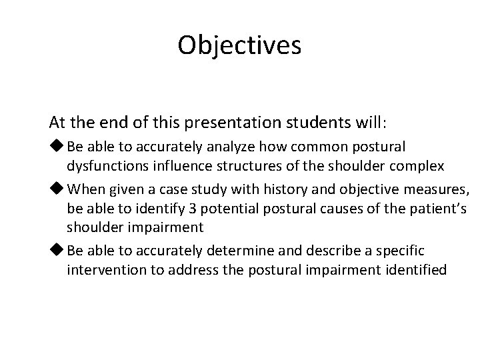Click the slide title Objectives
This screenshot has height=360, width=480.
240,45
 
